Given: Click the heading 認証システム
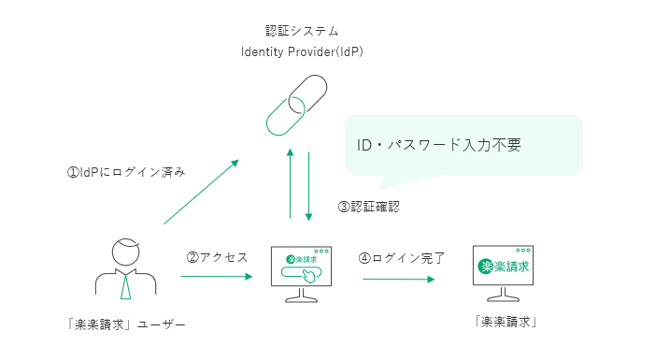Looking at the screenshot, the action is pos(302,31).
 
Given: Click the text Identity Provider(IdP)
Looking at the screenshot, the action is pos(302,51).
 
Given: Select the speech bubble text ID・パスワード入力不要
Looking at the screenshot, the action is pos(438,145).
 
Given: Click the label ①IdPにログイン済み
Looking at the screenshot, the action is pos(126,172).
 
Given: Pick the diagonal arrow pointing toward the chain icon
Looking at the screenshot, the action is pos(201,192).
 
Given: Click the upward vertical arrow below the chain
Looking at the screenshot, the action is pos(291,183).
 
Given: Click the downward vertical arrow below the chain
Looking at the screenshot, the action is pos(308,186).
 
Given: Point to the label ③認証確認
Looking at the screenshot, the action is pos(369,207).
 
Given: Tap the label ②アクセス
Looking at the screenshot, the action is pos(217,257).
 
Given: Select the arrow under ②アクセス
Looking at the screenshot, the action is pos(217,277).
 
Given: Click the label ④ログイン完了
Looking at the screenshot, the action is pos(402,258).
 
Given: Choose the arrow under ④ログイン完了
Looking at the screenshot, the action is pos(399,279).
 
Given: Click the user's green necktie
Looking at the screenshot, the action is pos(126,285).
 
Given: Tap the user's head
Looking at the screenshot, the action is pos(125,252).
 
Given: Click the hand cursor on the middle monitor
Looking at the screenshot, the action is pos(309,277).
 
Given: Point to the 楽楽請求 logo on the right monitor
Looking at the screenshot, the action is pos(504,266).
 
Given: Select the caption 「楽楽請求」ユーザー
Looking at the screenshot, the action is pos(126,324).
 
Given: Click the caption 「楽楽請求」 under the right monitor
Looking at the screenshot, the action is pos(505,322).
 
